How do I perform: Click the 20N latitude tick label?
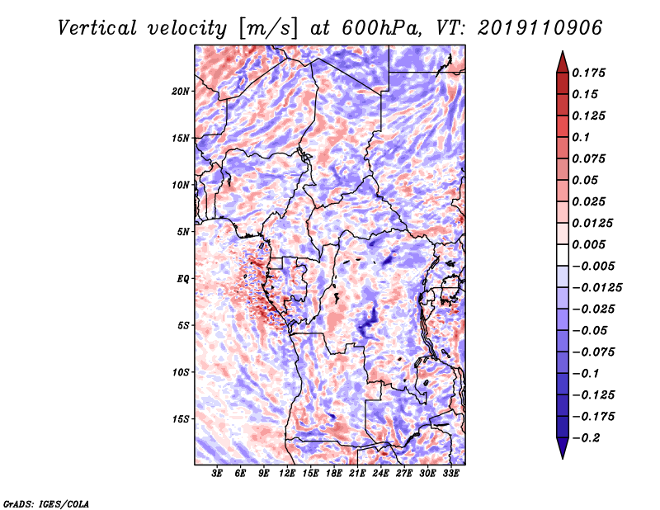pyautogui.click(x=181, y=91)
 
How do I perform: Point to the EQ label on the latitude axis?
pyautogui.click(x=183, y=279)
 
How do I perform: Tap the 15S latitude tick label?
pyautogui.click(x=181, y=419)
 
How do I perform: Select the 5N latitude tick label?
pyautogui.click(x=183, y=232)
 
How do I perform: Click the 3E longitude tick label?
pyautogui.click(x=217, y=475)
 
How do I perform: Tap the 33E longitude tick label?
pyautogui.click(x=451, y=475)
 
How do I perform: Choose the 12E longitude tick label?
pyautogui.click(x=288, y=475)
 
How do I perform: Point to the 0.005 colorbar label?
pyautogui.click(x=590, y=244)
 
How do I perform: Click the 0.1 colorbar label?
pyautogui.click(x=581, y=136)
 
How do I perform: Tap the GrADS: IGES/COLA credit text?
pyautogui.click(x=45, y=503)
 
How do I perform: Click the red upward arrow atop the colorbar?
pyautogui.click(x=562, y=60)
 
